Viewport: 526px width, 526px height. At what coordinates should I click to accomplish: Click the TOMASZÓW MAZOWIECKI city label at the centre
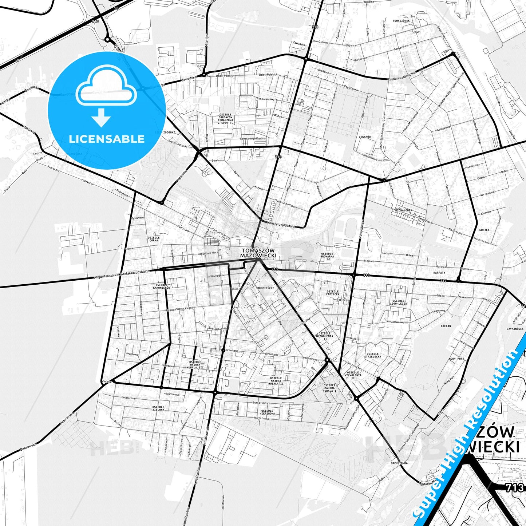[258, 253]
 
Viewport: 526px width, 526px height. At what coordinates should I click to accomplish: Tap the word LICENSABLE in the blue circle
[107, 139]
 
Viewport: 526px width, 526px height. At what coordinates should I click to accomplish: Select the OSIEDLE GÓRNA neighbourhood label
[154, 239]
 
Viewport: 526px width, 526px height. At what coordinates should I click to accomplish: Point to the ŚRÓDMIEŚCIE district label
[265, 288]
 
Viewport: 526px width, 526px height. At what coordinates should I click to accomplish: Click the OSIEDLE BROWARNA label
[327, 255]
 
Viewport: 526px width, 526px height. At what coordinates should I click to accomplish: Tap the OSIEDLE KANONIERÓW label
[162, 286]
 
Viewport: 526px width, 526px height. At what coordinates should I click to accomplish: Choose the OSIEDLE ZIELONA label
[158, 408]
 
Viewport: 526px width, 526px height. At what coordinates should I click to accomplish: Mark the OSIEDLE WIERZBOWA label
[268, 412]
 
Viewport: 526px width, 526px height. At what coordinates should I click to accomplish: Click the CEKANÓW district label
[364, 137]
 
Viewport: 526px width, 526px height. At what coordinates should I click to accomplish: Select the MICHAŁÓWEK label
[403, 210]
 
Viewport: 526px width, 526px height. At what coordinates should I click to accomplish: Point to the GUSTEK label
[484, 230]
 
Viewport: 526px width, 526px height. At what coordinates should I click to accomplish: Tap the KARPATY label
[439, 272]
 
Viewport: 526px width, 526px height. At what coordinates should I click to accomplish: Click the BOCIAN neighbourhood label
[446, 326]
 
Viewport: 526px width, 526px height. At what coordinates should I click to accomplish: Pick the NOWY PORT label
[456, 359]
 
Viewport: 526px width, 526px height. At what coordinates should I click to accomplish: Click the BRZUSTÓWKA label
[399, 463]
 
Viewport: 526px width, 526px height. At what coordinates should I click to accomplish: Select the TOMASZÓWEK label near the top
[401, 21]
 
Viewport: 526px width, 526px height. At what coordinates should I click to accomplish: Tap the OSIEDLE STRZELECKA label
[373, 355]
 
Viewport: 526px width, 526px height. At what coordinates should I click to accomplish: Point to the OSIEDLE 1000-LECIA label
[398, 302]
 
